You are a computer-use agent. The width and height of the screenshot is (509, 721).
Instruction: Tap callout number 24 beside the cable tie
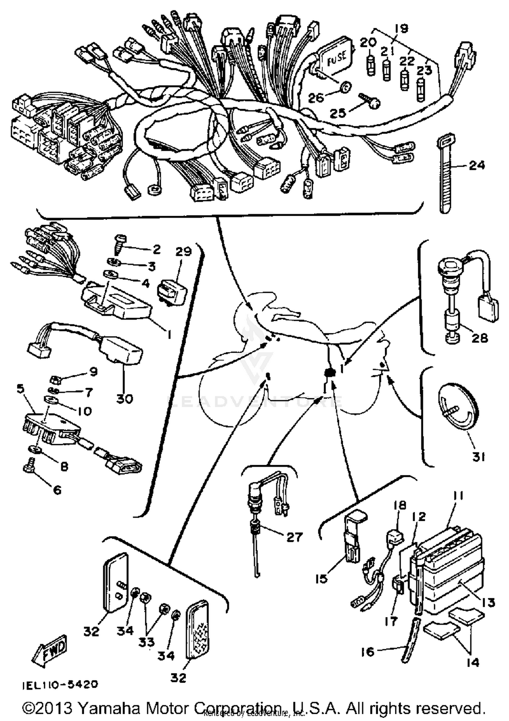pos(477,165)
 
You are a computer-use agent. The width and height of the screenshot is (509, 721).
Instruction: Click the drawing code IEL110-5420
pos(60,684)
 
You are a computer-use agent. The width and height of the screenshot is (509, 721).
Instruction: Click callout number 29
pos(183,252)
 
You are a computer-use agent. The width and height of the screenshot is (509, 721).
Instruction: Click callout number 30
pos(125,398)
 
